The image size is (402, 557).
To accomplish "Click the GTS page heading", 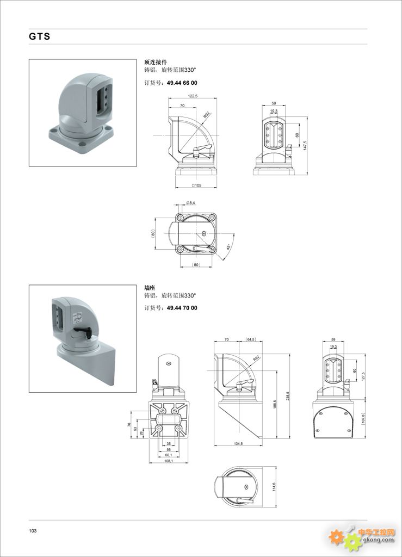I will (39, 36).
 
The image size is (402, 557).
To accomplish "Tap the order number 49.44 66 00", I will (182, 83).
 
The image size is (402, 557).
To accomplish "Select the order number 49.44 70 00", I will (182, 308).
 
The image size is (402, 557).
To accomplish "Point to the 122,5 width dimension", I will (191, 96).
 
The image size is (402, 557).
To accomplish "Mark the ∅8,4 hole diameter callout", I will (191, 203).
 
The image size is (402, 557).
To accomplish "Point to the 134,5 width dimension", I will (238, 444).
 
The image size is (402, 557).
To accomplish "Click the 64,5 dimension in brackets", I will (251, 339).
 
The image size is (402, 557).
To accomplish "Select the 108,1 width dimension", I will (168, 461).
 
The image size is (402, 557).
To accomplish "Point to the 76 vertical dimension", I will (129, 425).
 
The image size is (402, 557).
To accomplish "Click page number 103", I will (33, 530).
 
